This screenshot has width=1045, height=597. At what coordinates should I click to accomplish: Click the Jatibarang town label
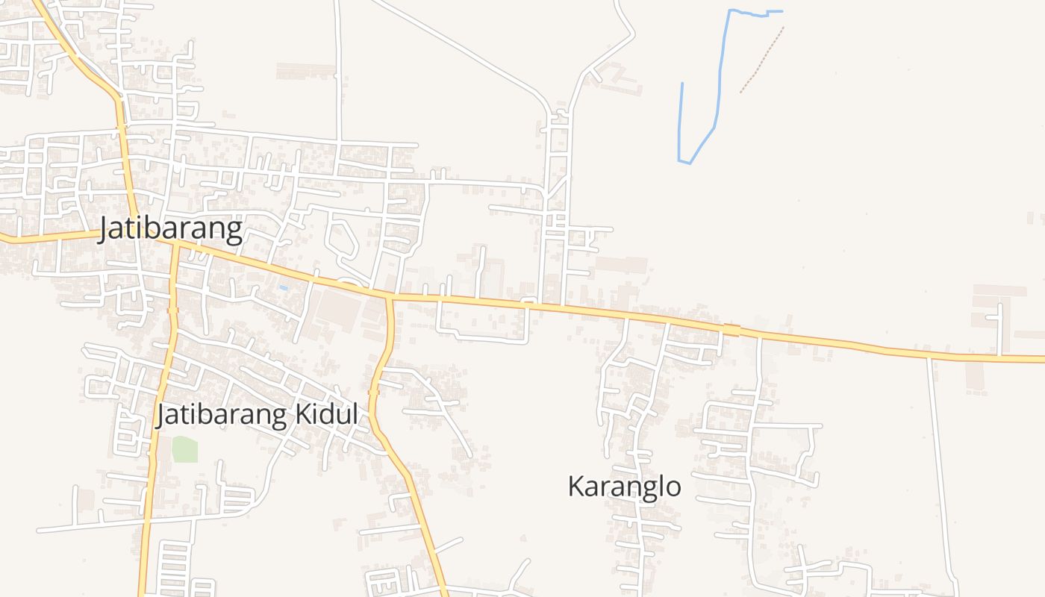coord(172,229)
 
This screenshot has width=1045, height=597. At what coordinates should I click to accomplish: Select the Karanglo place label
coord(624,487)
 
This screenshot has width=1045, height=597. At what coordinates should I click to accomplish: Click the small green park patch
coord(184,449)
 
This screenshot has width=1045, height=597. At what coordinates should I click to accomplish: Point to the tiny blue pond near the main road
coord(283,288)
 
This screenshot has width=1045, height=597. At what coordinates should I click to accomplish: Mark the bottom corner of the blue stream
coord(684,161)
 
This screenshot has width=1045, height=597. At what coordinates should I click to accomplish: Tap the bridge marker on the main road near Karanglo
coord(731,330)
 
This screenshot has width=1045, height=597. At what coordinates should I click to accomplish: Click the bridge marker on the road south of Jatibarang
coord(173,309)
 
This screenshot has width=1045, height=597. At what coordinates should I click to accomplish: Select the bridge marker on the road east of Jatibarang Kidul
coord(374,391)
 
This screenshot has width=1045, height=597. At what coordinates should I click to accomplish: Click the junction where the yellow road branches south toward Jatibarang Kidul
coord(388,297)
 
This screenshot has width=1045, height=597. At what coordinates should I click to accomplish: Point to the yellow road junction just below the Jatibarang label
coord(176,244)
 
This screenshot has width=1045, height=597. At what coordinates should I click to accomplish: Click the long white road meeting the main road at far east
coord(940,463)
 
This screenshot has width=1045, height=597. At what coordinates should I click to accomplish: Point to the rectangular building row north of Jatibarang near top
coord(306,71)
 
